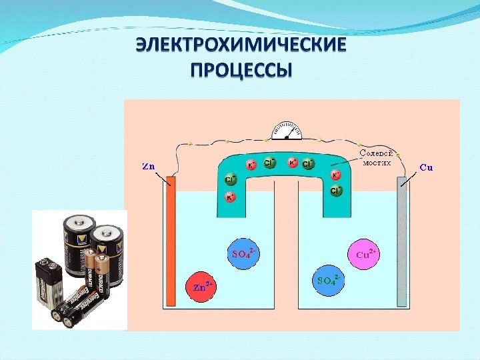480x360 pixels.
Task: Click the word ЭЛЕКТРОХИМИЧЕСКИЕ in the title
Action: [241, 47]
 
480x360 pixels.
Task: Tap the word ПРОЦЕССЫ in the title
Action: [241, 70]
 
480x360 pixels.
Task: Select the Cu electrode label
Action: [426, 167]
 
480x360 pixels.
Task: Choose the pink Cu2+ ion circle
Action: [365, 254]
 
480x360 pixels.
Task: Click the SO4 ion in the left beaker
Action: [244, 253]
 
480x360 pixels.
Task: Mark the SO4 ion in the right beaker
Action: [329, 278]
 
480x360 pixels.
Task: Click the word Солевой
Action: [374, 153]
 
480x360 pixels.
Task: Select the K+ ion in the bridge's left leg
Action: [231, 197]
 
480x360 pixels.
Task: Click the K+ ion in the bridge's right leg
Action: [335, 175]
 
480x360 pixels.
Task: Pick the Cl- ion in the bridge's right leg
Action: [335, 191]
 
